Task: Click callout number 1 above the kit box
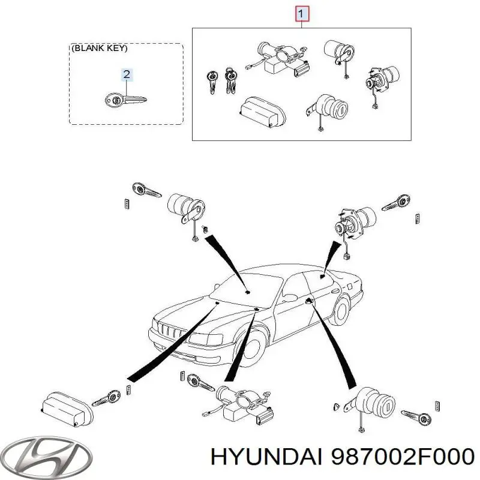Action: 302,13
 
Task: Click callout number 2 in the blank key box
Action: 127,74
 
